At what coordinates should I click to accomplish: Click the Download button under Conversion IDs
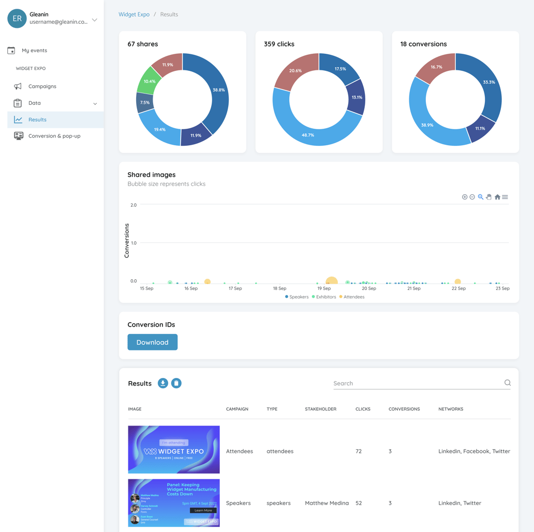pos(152,342)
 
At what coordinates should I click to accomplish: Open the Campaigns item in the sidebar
pos(42,86)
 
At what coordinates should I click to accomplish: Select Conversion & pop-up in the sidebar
pos(54,136)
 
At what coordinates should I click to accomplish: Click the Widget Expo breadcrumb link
pos(134,14)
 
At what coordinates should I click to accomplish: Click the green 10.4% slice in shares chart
pos(150,82)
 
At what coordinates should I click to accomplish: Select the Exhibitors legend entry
pos(325,297)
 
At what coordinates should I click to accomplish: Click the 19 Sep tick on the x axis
pos(324,288)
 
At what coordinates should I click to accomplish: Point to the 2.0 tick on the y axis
pos(133,205)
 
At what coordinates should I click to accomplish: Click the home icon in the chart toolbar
pos(497,197)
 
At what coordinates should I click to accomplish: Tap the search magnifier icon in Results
pos(508,383)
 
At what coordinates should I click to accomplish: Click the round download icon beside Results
pos(163,383)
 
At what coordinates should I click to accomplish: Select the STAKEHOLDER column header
pos(320,409)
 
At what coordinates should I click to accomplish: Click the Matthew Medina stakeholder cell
pos(327,503)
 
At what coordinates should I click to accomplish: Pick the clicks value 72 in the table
pos(359,451)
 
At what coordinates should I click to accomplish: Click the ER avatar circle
pos(17,19)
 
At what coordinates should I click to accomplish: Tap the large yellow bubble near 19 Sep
pos(332,281)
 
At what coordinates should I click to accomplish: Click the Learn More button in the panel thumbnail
pos(203,510)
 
